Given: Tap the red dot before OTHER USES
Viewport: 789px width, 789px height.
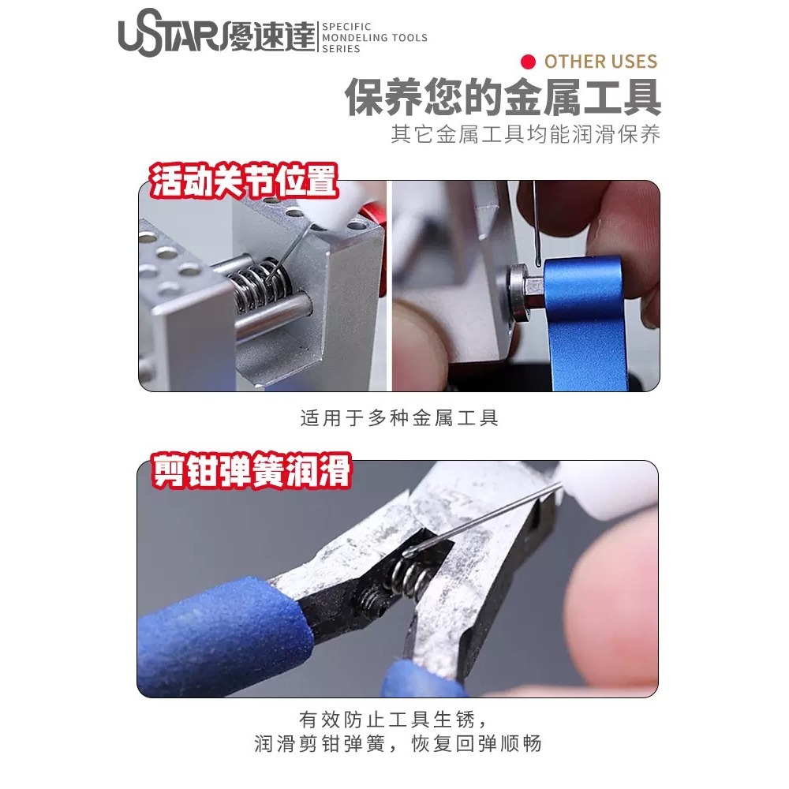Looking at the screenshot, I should click(x=529, y=62).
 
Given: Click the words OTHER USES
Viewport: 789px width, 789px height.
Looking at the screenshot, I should click(x=600, y=62).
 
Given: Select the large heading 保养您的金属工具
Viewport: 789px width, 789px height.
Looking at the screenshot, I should click(x=503, y=98).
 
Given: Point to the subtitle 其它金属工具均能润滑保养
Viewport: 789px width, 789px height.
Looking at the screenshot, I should click(x=525, y=134).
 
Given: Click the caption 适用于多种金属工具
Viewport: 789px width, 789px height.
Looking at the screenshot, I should click(x=399, y=418).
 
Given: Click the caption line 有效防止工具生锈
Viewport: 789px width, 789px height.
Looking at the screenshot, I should click(x=399, y=720).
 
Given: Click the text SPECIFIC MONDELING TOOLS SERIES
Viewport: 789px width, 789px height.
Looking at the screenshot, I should click(x=375, y=38).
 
